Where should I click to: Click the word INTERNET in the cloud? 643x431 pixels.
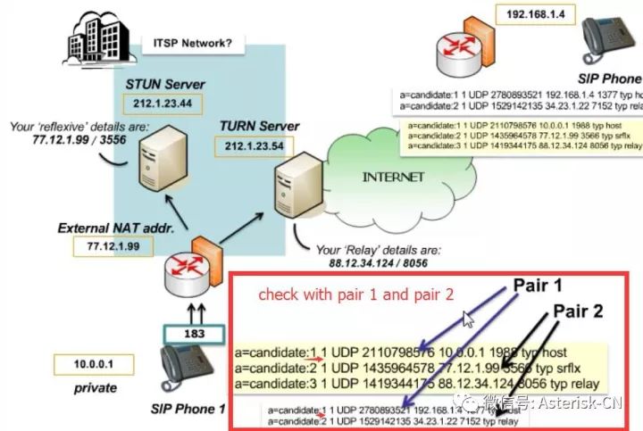coord(393,177)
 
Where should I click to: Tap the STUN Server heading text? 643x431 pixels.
coord(164,85)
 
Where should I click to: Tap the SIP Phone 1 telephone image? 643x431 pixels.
coord(191,371)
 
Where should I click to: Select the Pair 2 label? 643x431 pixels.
coord(583,311)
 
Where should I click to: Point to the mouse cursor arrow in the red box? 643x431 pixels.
coord(468,320)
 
